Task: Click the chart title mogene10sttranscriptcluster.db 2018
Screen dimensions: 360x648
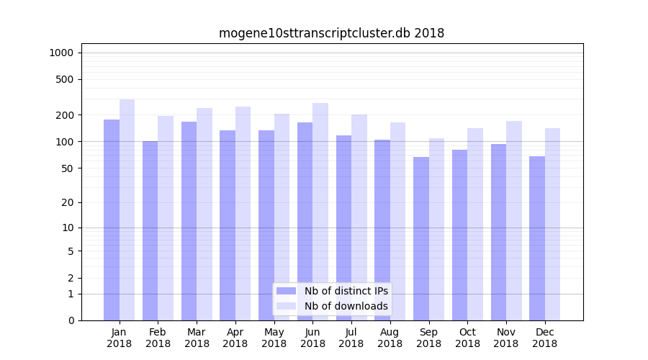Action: tap(331, 33)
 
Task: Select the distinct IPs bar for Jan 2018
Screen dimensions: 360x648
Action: tap(112, 220)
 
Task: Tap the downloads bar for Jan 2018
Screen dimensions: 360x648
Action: tap(127, 210)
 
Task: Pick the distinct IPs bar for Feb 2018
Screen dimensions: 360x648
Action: tap(150, 230)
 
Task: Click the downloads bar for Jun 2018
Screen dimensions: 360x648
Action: tap(320, 212)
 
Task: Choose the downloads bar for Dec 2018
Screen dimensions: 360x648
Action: tap(552, 224)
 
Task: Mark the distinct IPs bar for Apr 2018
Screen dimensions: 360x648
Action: tap(228, 225)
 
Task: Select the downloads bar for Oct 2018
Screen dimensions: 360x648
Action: tap(475, 224)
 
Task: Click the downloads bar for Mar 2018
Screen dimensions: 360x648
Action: tap(204, 214)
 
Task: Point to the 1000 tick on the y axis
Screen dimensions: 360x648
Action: tap(61, 53)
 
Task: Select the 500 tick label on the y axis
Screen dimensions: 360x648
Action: tap(64, 79)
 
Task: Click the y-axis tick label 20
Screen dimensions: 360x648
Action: tap(67, 202)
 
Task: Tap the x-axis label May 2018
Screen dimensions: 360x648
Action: tap(274, 338)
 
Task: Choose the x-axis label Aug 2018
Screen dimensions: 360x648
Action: tap(390, 338)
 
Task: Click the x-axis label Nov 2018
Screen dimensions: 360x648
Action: tap(506, 338)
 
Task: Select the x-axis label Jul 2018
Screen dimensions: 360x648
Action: tap(351, 338)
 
